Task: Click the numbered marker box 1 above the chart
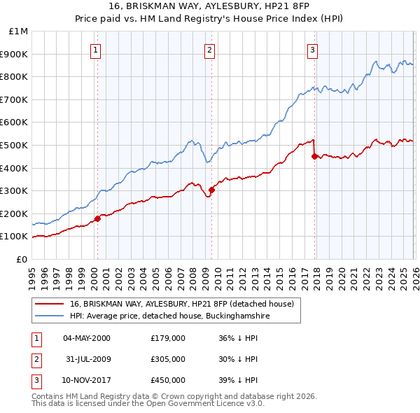(x=96, y=49)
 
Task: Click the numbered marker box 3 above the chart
(x=312, y=49)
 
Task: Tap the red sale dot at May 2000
(x=97, y=218)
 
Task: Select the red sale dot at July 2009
(x=211, y=190)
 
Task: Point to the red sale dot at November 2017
(x=314, y=156)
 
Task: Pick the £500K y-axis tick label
(x=15, y=145)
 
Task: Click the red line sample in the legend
(x=50, y=304)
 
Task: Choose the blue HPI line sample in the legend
(x=50, y=316)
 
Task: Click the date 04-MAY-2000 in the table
(x=87, y=338)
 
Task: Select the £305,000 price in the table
(x=167, y=359)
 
